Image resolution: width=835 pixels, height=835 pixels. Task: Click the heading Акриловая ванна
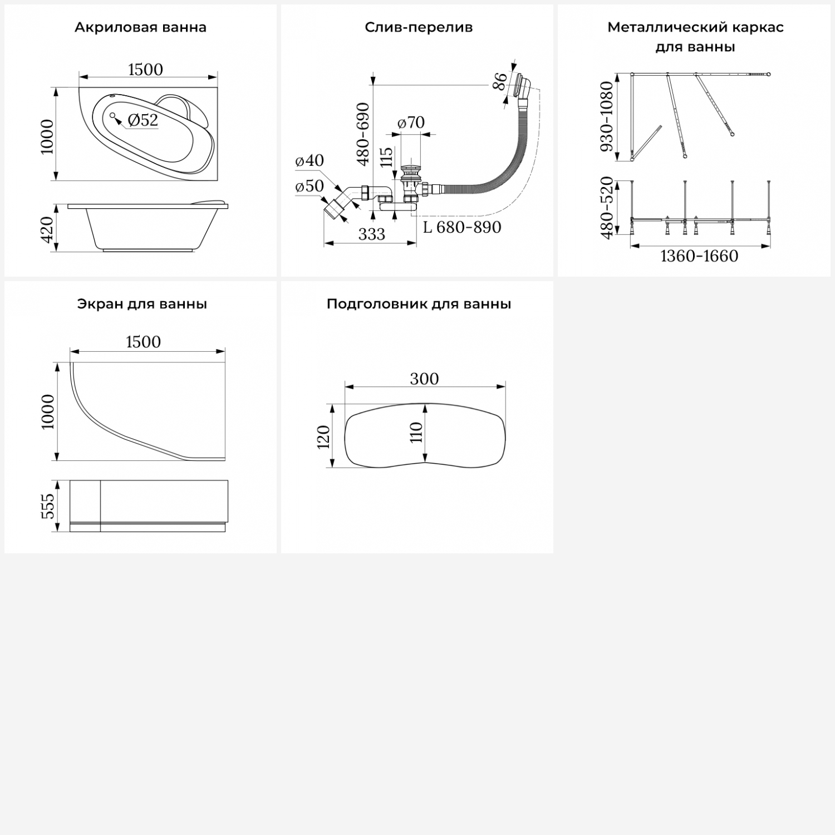tap(140, 27)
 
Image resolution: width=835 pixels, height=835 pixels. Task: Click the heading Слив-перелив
tap(419, 27)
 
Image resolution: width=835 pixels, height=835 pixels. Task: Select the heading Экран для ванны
tap(142, 304)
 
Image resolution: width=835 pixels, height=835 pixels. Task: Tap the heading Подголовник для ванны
tap(419, 304)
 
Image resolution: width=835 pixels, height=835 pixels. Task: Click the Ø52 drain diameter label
tap(143, 120)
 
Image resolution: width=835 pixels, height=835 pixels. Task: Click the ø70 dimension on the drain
tap(411, 122)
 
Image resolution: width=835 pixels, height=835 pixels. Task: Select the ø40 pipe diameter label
tap(310, 160)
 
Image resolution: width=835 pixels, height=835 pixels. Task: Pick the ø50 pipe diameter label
tap(310, 186)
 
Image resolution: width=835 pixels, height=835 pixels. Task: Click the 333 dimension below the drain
tap(371, 234)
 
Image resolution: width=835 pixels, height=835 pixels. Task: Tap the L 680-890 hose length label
tap(462, 227)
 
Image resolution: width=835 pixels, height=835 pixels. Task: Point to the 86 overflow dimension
tap(500, 81)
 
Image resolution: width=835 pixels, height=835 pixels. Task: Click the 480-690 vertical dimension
tap(363, 134)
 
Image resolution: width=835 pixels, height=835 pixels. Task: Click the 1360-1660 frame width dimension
tap(699, 256)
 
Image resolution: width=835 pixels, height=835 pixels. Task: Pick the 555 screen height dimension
tap(48, 506)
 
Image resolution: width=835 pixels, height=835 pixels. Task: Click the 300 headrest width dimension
tap(424, 379)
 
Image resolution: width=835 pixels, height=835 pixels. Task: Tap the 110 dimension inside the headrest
tap(416, 432)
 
